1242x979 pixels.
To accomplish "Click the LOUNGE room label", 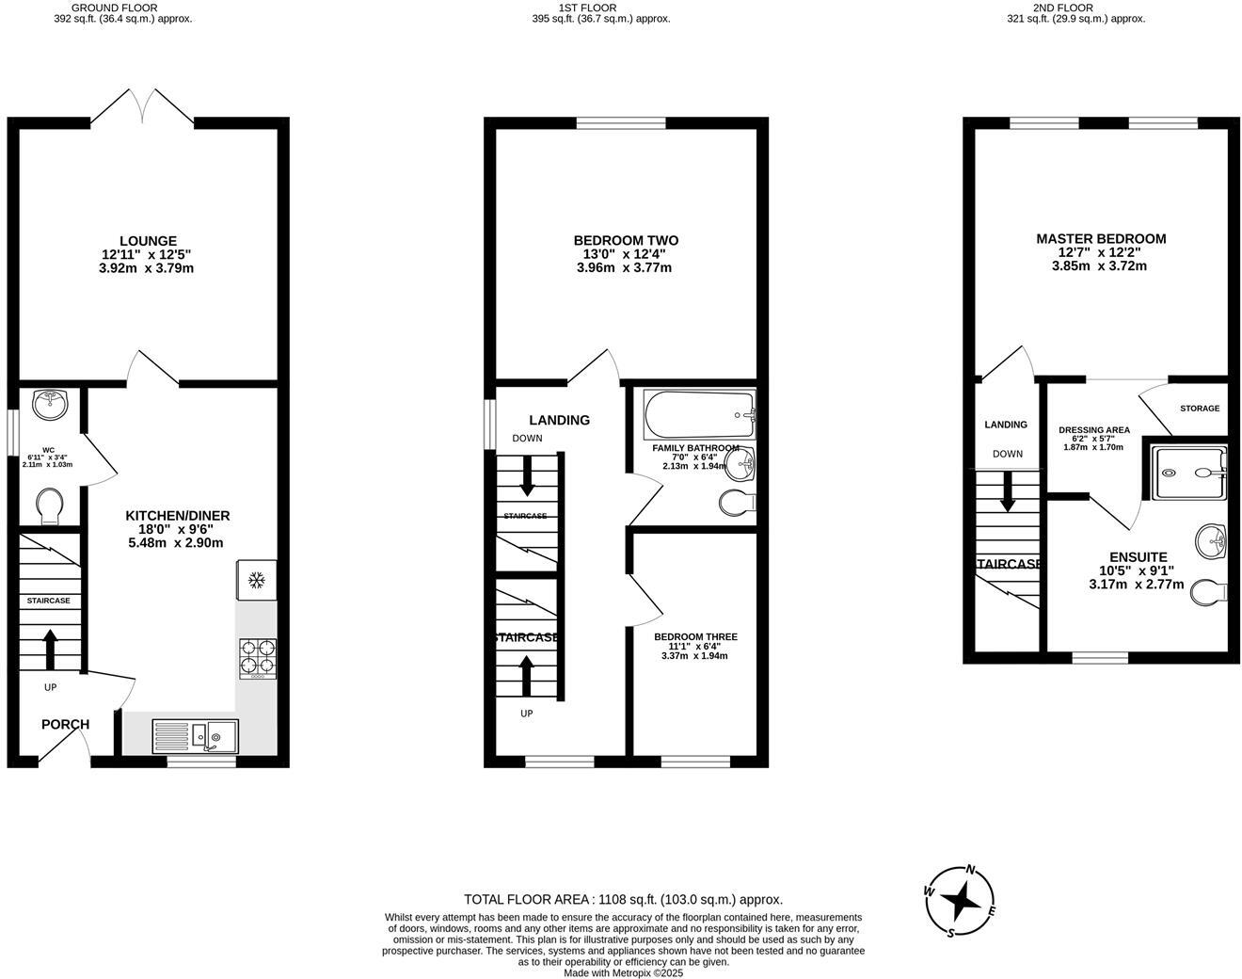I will pyautogui.click(x=148, y=241).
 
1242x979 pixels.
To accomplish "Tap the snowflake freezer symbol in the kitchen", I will pyautogui.click(x=254, y=581).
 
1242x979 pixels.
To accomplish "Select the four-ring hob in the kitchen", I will pyautogui.click(x=258, y=658).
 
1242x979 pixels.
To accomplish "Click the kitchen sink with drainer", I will pyautogui.click(x=195, y=735).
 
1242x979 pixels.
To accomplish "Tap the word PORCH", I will pyautogui.click(x=65, y=724).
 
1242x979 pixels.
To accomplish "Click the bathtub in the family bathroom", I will pyautogui.click(x=698, y=414).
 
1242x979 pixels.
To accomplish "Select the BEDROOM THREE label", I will pyautogui.click(x=695, y=637).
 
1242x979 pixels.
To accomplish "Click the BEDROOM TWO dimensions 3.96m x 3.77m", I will pyautogui.click(x=624, y=267).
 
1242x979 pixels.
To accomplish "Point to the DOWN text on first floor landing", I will pyautogui.click(x=527, y=439).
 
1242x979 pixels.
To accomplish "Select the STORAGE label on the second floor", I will pyautogui.click(x=1199, y=409).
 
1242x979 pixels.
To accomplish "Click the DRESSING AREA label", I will pyautogui.click(x=1093, y=430).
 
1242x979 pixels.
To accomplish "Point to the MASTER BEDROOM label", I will pyautogui.click(x=1101, y=239).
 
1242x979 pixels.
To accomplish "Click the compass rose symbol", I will pyautogui.click(x=960, y=901).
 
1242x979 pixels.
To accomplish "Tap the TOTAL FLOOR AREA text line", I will pyautogui.click(x=623, y=899).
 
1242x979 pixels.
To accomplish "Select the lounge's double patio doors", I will pyautogui.click(x=142, y=106).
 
